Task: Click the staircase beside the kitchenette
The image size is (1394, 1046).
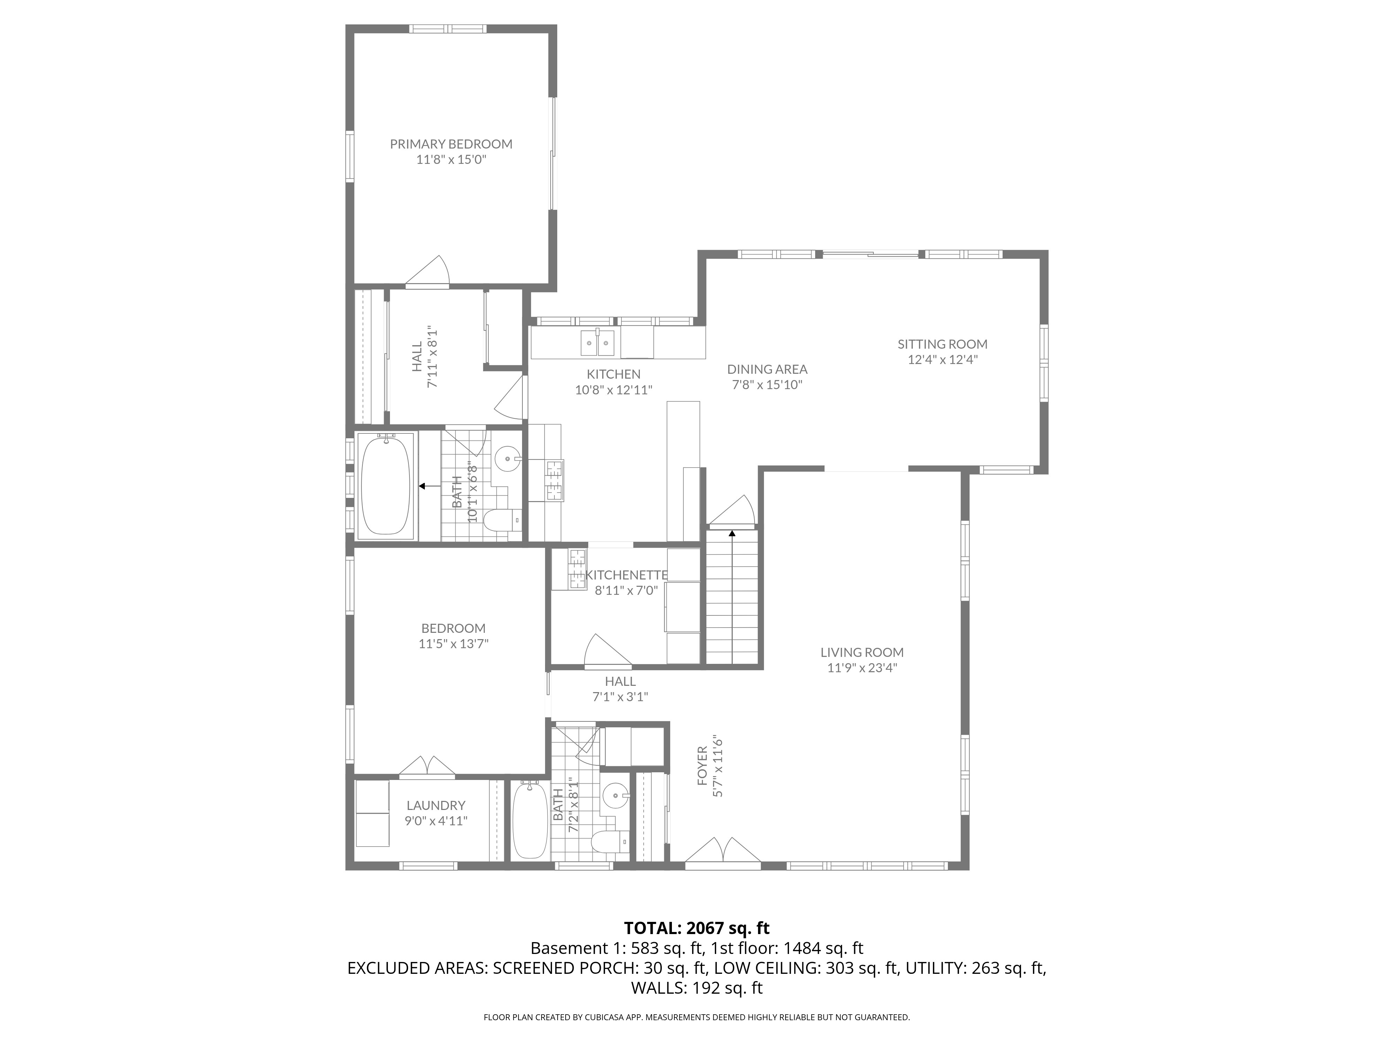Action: [732, 605]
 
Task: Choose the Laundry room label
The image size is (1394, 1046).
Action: [436, 805]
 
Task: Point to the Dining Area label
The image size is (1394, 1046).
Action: [767, 370]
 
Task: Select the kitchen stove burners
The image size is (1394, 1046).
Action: [553, 480]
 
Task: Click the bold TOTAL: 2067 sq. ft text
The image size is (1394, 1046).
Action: [696, 928]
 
